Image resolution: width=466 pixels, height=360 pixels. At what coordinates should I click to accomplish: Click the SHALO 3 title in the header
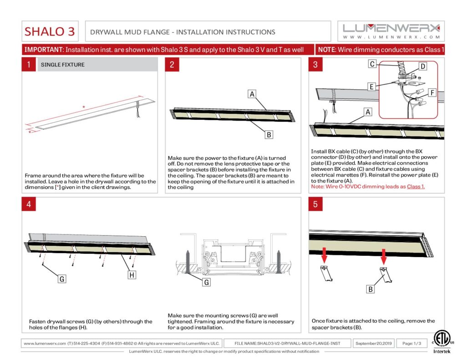(50, 31)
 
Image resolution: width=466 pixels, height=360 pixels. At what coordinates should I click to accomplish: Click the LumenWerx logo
(391, 31)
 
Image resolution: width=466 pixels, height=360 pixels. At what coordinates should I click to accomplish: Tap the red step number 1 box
(29, 64)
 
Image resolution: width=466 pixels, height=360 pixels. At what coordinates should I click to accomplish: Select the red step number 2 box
(172, 64)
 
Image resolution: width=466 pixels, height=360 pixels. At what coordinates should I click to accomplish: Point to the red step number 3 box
(316, 64)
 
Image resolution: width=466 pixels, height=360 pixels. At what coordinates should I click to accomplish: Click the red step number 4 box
(29, 204)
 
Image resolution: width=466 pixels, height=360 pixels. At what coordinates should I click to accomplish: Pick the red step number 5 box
(316, 204)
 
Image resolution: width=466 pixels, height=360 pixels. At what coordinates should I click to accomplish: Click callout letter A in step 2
(252, 94)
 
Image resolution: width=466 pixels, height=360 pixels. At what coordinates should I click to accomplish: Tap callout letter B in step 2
(269, 135)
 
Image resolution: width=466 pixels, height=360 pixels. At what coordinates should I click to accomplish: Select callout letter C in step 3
(372, 64)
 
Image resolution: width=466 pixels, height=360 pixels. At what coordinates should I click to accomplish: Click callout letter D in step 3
(423, 66)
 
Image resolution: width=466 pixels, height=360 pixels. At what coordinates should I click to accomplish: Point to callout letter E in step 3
(371, 86)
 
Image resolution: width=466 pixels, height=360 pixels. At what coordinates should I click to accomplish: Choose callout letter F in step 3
(432, 93)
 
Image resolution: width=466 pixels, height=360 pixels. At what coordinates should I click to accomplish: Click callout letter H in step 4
(132, 275)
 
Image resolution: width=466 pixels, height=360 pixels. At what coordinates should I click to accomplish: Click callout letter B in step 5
(370, 289)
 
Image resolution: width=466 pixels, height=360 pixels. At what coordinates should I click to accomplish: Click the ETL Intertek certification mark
(441, 342)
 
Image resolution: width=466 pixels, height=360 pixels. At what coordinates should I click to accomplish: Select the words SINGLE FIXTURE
(63, 65)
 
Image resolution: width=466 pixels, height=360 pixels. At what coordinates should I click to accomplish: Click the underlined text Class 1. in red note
(416, 187)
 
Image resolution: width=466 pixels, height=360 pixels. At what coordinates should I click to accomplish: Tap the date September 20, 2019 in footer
(374, 343)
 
